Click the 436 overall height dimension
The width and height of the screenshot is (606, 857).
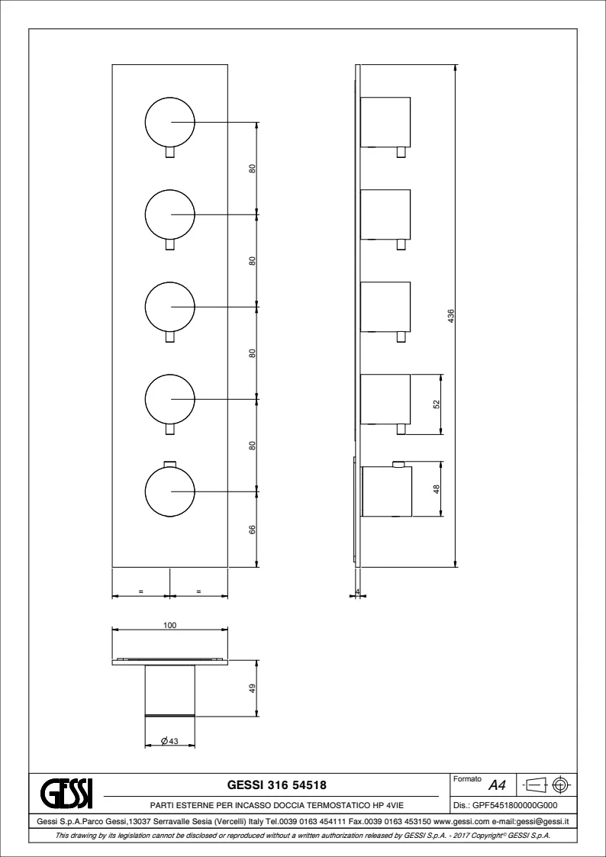click(451, 316)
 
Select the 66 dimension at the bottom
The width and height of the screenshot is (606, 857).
click(253, 530)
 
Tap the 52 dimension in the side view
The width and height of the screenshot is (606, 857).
click(436, 404)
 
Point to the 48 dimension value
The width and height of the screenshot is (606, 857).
click(436, 488)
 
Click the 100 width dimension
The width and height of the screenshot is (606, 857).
click(170, 625)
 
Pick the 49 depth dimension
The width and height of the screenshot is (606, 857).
click(253, 688)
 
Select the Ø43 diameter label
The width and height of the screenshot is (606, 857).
click(170, 740)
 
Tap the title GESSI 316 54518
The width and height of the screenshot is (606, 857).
click(276, 785)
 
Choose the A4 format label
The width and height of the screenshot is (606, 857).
click(497, 785)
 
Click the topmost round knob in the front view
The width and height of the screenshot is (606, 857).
click(169, 122)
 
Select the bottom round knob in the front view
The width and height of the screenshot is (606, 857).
click(169, 491)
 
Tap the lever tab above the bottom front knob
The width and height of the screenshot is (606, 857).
click(170, 464)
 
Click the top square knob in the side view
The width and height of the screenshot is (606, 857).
click(385, 122)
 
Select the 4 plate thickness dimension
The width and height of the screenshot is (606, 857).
click(357, 592)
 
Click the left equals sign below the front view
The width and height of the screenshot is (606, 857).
click(141, 591)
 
